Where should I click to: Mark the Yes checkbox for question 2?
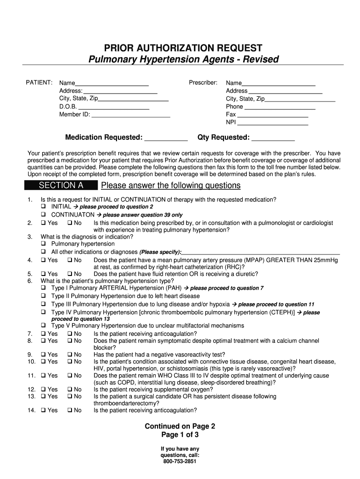click(43, 223)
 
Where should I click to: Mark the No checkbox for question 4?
click(70, 260)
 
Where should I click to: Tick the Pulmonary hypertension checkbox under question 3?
click(43, 244)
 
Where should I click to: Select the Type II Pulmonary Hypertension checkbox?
click(43, 296)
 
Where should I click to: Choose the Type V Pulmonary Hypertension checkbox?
click(43, 325)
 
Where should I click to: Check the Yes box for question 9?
click(43, 355)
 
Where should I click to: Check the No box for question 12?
click(70, 390)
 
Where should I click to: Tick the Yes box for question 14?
click(43, 410)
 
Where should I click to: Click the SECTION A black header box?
click(61, 186)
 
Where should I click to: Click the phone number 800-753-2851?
click(180, 461)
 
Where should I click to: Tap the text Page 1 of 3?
click(180, 435)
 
